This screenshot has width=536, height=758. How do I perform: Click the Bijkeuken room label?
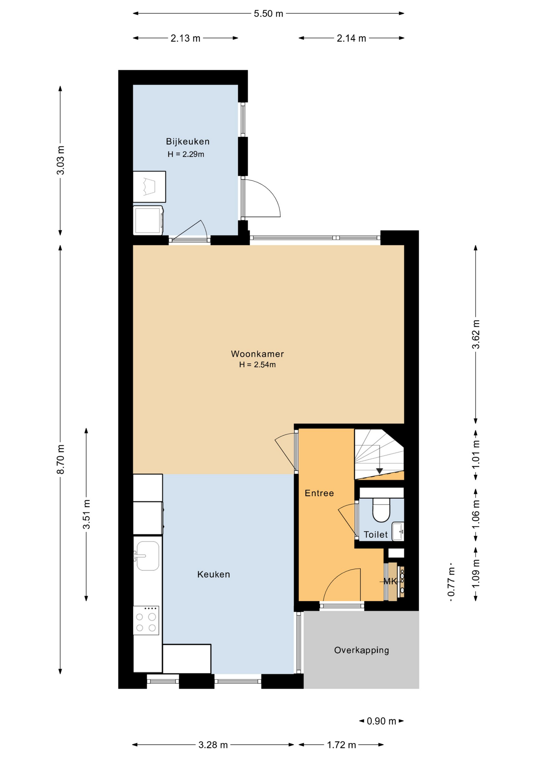tap(187, 141)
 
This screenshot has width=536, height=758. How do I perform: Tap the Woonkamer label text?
tap(257, 354)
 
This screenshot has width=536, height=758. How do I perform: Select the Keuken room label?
tap(214, 574)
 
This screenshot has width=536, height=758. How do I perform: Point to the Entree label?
tap(319, 493)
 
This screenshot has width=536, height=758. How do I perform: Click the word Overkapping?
tap(362, 650)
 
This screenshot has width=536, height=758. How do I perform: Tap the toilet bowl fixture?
tap(381, 509)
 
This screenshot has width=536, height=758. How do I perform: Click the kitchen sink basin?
tap(148, 556)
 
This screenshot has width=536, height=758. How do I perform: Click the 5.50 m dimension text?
tap(268, 13)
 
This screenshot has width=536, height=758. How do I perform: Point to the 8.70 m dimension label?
tap(60, 460)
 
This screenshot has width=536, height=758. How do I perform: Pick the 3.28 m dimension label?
tap(213, 745)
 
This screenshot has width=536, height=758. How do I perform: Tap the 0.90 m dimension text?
tap(381, 721)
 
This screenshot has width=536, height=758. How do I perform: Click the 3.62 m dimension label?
tap(476, 334)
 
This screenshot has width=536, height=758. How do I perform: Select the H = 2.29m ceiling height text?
tap(186, 154)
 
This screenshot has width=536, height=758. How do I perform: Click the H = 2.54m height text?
tap(257, 365)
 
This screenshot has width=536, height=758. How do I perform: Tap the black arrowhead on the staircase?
tap(379, 471)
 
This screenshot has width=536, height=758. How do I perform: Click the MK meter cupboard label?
tap(390, 581)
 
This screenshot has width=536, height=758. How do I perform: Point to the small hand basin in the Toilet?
tap(398, 531)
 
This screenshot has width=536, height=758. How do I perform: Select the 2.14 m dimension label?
tap(351, 38)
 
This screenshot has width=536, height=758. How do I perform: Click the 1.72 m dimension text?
tap(341, 745)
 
